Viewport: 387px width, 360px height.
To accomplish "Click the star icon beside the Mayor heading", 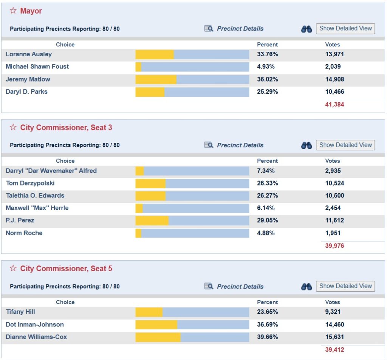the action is (x=13, y=11).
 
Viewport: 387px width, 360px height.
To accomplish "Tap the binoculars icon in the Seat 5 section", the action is (x=307, y=286).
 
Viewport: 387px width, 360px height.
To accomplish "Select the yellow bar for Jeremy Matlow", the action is (x=156, y=79).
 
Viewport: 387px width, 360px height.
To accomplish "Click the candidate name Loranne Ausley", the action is (x=29, y=54).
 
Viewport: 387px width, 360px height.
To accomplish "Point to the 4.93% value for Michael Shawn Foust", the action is (x=266, y=66).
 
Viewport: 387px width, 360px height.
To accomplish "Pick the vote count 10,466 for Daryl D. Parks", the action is (x=334, y=92).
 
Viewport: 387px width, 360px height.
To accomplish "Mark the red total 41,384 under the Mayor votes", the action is (x=334, y=104).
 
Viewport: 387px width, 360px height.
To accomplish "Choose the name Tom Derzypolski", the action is (x=30, y=183).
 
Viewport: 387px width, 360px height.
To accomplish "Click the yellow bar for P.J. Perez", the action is (x=152, y=221).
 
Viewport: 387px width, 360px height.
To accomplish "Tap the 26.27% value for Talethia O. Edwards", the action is (x=267, y=196).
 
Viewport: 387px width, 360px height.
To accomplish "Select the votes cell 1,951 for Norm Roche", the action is (x=333, y=233).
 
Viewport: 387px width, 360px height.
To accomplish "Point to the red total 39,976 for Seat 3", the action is (x=334, y=246).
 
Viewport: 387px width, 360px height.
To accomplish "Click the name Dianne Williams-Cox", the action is (x=36, y=337).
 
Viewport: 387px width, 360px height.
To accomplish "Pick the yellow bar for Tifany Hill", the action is (x=149, y=312).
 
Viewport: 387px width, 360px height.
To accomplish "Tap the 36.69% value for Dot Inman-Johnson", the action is (x=267, y=325).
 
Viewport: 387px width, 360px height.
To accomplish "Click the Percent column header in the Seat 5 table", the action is (x=267, y=302).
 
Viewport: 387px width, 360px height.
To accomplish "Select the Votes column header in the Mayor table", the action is (x=333, y=45).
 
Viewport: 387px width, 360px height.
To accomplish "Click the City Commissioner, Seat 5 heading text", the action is (x=66, y=269).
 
